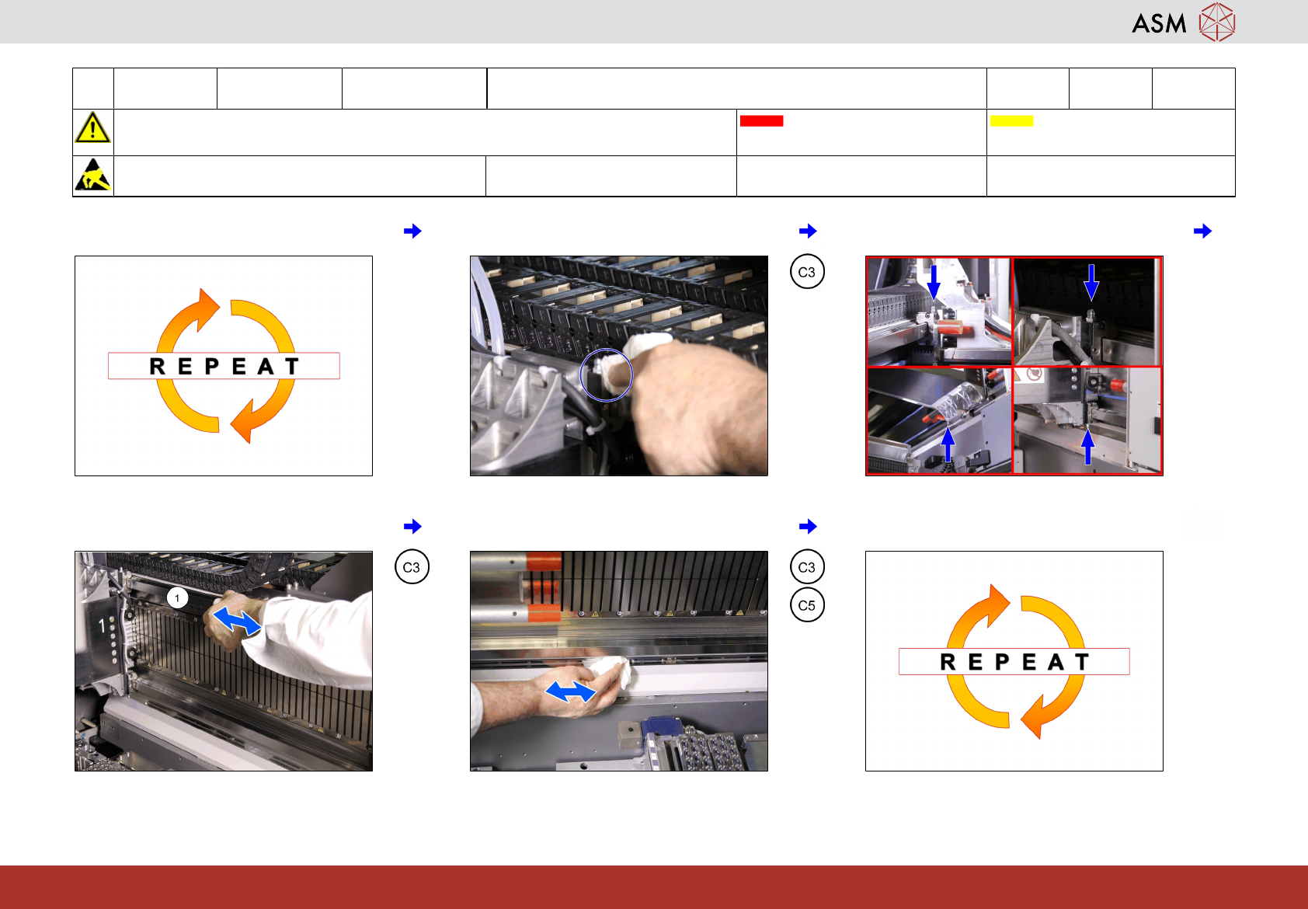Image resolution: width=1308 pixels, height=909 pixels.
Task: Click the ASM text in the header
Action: tap(1159, 24)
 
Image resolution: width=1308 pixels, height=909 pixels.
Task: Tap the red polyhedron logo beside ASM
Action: tap(1217, 23)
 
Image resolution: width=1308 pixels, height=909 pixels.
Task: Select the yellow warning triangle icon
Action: tap(92, 128)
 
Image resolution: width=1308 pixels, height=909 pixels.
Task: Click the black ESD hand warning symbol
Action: tap(93, 175)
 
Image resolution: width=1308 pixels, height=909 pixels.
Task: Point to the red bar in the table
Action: tap(761, 121)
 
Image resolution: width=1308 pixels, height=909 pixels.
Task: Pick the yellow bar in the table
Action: tap(1011, 121)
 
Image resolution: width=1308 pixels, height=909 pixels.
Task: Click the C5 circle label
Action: tap(807, 605)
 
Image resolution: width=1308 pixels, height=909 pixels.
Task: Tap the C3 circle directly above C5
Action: tap(807, 567)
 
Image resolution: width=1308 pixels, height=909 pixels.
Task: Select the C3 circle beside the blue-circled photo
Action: tap(807, 272)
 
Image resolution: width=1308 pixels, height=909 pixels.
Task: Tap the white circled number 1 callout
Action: tap(178, 598)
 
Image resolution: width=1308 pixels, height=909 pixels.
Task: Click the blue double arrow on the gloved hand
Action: tap(236, 621)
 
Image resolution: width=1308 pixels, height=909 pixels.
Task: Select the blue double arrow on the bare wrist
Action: tap(570, 691)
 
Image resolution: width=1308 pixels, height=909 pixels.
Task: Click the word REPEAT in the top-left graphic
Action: tap(224, 366)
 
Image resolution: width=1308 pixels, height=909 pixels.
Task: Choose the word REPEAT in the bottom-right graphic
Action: tap(1014, 662)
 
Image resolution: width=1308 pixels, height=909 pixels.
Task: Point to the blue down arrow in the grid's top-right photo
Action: tap(1091, 283)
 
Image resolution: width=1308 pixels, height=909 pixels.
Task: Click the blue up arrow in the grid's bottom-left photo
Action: tap(948, 444)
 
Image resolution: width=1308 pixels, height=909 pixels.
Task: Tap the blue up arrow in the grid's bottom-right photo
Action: tap(1087, 447)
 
